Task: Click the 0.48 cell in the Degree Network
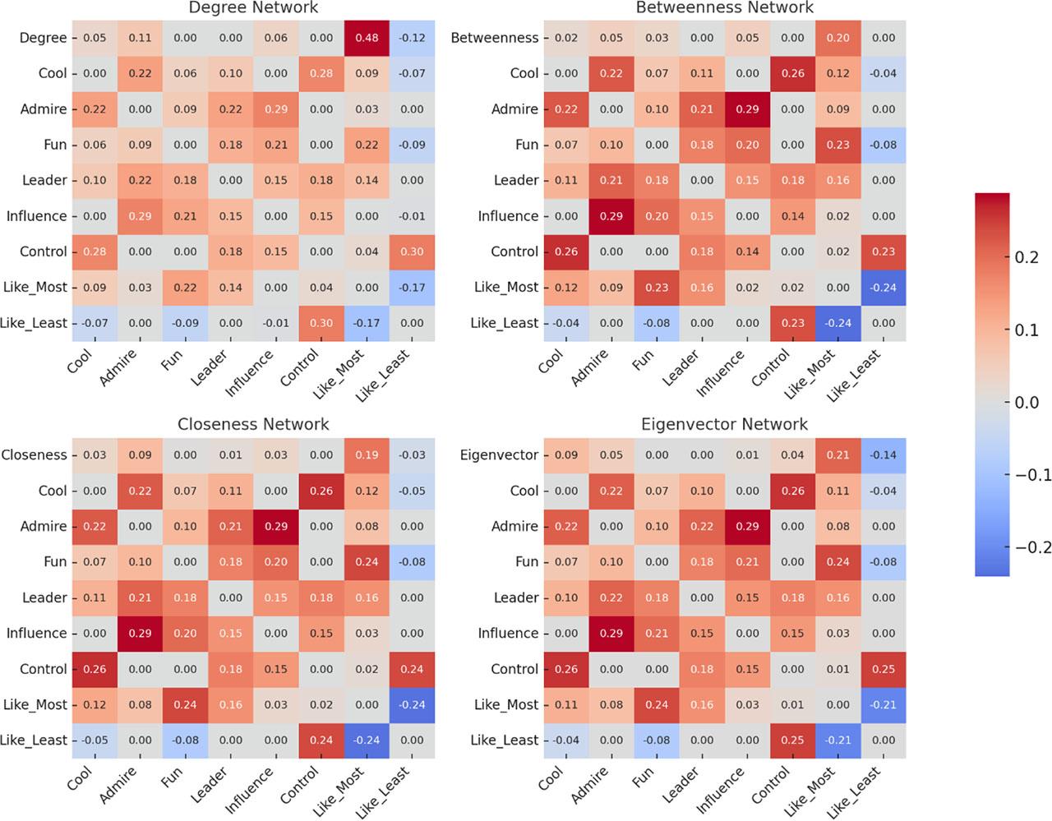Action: [x=367, y=38]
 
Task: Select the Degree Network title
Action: [x=253, y=8]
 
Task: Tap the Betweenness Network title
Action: [x=724, y=8]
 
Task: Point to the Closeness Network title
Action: [x=253, y=424]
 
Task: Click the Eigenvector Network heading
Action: [x=724, y=424]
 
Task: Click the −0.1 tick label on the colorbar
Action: [x=1029, y=475]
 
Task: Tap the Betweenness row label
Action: [x=494, y=38]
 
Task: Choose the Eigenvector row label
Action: [x=499, y=455]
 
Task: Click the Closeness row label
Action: [x=34, y=455]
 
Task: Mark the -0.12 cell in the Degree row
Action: [x=412, y=38]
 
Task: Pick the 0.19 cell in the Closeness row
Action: [x=367, y=455]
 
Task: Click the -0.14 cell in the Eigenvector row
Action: [x=884, y=455]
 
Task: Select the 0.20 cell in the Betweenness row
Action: [x=837, y=38]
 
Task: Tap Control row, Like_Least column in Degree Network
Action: [x=412, y=251]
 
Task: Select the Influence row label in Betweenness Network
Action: [x=508, y=216]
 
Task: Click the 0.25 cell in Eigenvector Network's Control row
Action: [x=884, y=669]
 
